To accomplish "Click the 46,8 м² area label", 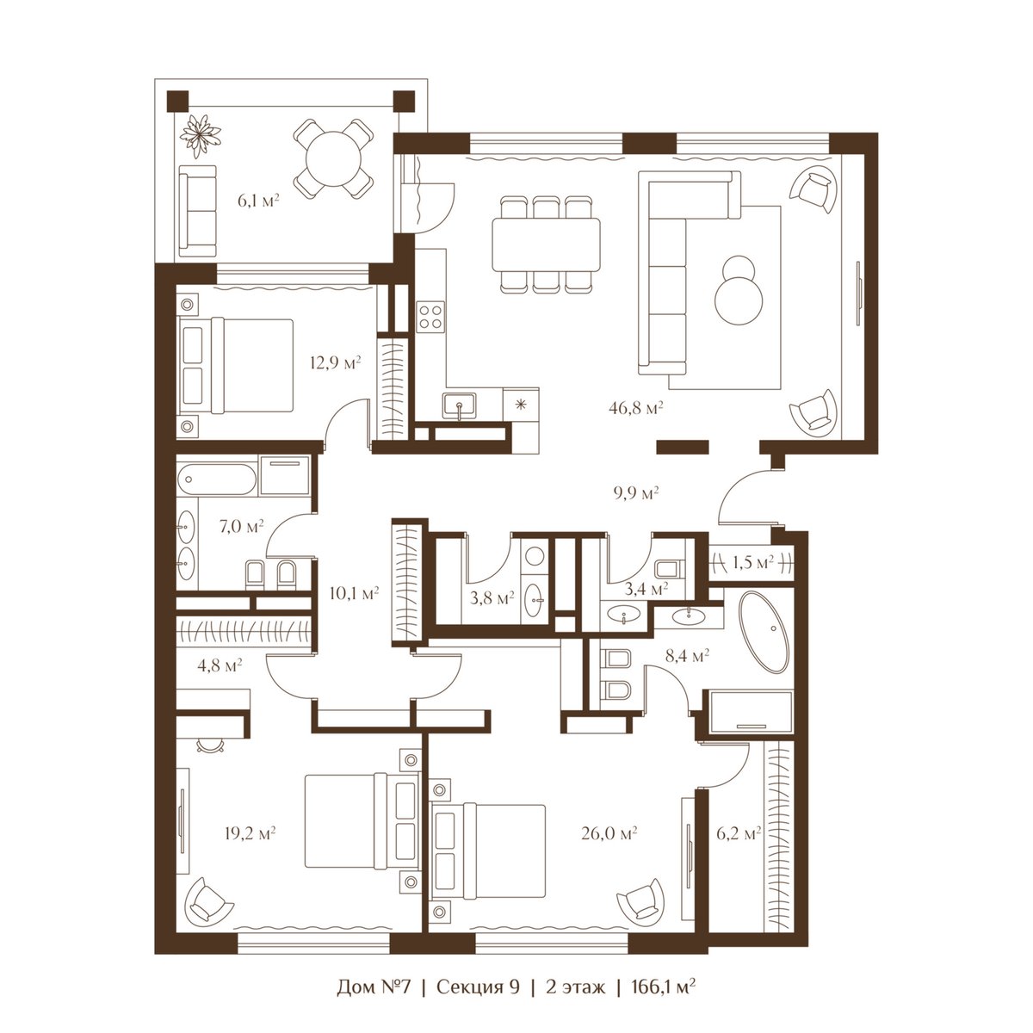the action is pyautogui.click(x=636, y=408).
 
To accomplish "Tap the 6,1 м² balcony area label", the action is pyautogui.click(x=258, y=201).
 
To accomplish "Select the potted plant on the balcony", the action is pyautogui.click(x=200, y=134).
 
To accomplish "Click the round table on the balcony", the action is pyautogui.click(x=333, y=158).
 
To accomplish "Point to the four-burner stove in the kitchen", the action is pyautogui.click(x=430, y=317).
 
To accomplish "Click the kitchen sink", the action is pyautogui.click(x=459, y=405).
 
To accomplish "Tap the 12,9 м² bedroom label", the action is pyautogui.click(x=335, y=363).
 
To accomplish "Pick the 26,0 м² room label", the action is pyautogui.click(x=609, y=833).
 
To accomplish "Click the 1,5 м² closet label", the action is pyautogui.click(x=752, y=562).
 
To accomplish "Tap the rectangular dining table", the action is pyautogui.click(x=546, y=244).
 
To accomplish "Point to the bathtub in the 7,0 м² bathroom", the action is pyautogui.click(x=217, y=479).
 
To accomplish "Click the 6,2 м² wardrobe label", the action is pyautogui.click(x=738, y=833).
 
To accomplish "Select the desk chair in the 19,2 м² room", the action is pyautogui.click(x=209, y=745).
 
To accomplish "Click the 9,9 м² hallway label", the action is pyautogui.click(x=636, y=492).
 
